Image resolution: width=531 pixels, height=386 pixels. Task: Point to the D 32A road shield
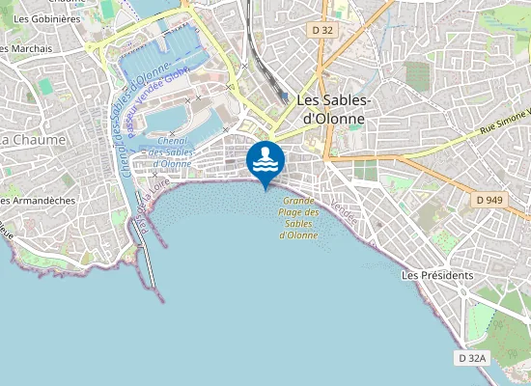point(473,358)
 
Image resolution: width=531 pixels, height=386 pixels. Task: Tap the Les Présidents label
point(437,275)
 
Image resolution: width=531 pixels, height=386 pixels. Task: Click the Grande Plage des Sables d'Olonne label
point(299,218)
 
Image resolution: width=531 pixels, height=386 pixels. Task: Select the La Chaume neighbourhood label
point(33,139)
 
